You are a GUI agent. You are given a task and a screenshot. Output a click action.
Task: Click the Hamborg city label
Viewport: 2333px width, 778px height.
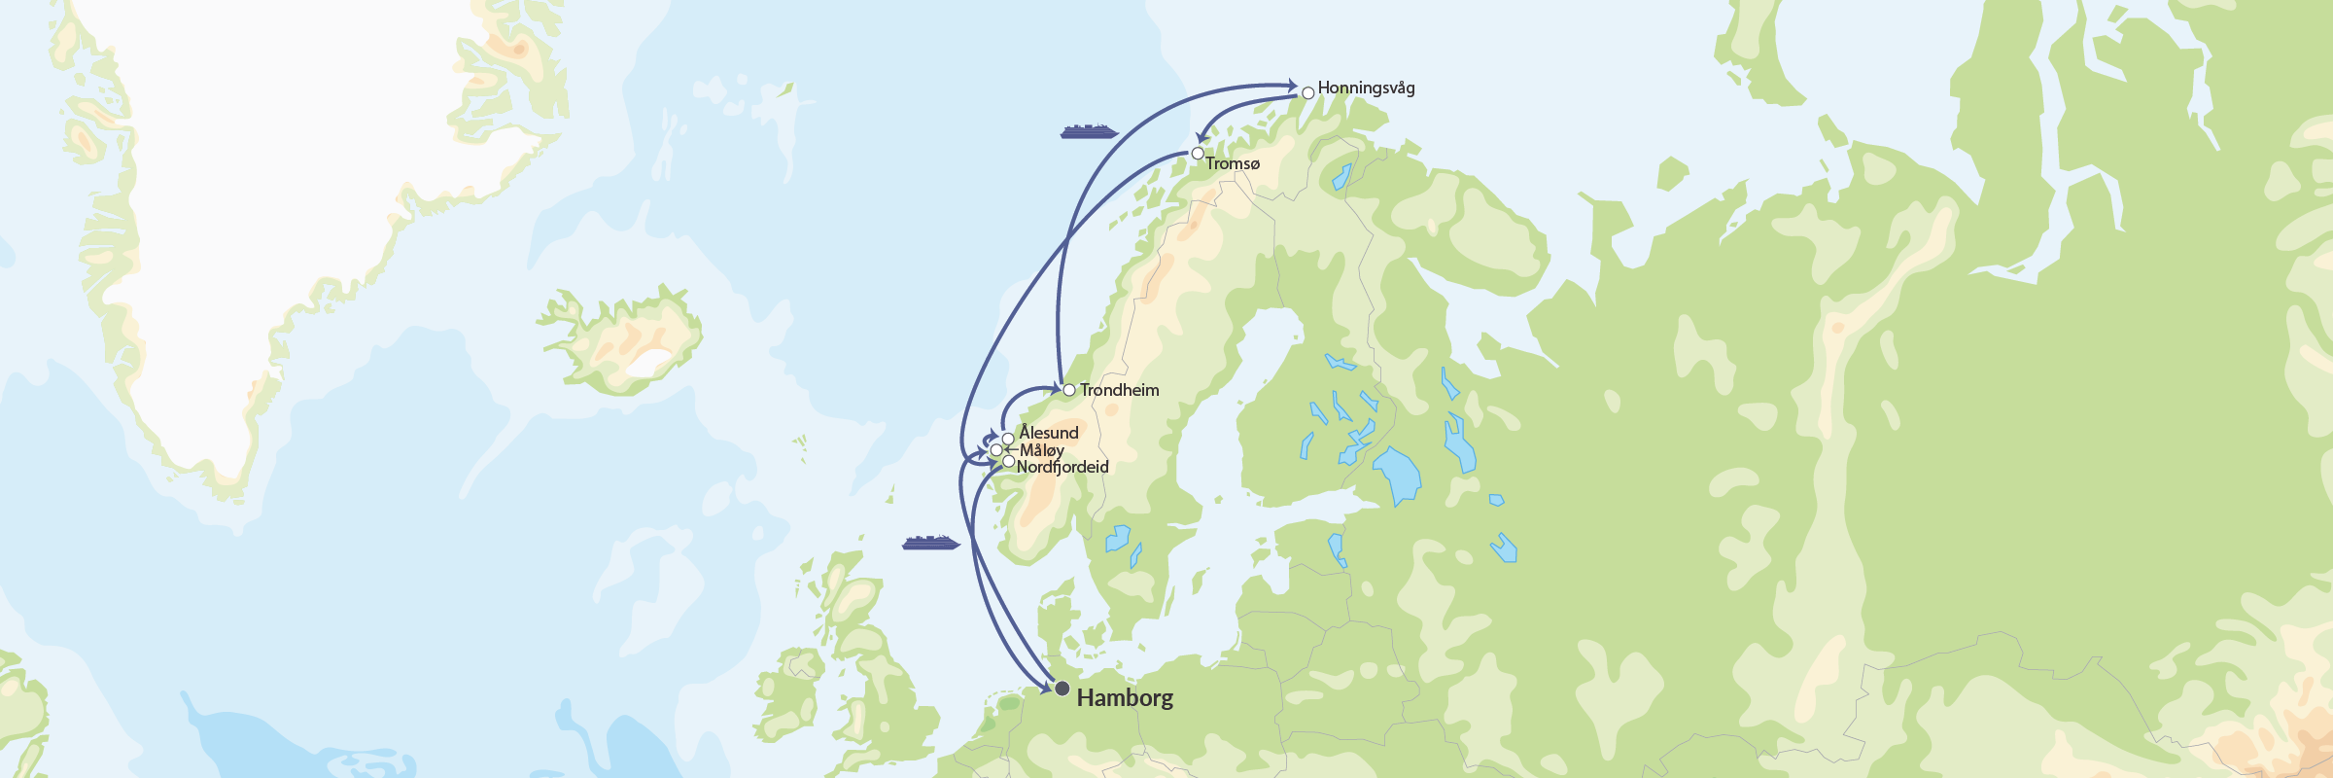[x=1125, y=697]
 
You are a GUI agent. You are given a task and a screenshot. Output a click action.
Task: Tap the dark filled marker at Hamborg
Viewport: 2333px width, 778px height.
[x=1062, y=689]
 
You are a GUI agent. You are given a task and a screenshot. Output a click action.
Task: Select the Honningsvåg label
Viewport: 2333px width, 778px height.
[x=1366, y=88]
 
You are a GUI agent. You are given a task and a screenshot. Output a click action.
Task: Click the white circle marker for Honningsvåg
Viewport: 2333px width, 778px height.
[x=1308, y=93]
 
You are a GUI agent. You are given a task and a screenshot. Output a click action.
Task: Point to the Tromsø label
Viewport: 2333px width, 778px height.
[x=1233, y=163]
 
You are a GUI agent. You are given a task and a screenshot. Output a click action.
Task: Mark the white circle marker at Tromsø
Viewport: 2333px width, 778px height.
[x=1198, y=154]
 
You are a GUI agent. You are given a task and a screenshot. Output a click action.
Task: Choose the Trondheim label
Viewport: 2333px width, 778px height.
[x=1119, y=390]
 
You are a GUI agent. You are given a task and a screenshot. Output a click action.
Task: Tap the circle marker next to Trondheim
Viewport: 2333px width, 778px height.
[x=1069, y=390]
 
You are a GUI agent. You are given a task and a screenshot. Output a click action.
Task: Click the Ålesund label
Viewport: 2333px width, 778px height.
[x=1049, y=433]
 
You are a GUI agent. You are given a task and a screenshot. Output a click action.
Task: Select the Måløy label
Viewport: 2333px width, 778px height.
[x=1042, y=450]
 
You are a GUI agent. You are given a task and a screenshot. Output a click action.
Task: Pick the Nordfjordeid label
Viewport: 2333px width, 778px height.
[x=1062, y=467]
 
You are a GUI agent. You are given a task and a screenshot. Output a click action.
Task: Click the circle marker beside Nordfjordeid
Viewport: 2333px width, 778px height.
[x=1009, y=462]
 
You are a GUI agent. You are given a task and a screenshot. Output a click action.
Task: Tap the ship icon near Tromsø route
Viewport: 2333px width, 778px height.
[x=1089, y=131]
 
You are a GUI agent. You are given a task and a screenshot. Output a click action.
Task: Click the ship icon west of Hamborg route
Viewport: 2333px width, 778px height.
[x=930, y=543]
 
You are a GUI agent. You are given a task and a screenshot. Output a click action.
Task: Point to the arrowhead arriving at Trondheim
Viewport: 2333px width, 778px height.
[x=1057, y=389]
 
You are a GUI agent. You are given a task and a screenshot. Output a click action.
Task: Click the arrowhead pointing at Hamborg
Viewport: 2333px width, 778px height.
[x=1048, y=689]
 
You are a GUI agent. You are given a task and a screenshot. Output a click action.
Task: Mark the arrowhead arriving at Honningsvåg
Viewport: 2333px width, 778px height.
[x=1292, y=85]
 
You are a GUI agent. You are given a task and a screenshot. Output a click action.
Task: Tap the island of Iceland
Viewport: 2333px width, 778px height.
[x=622, y=340]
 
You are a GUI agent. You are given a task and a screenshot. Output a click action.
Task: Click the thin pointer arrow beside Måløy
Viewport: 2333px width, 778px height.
[x=1010, y=450]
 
